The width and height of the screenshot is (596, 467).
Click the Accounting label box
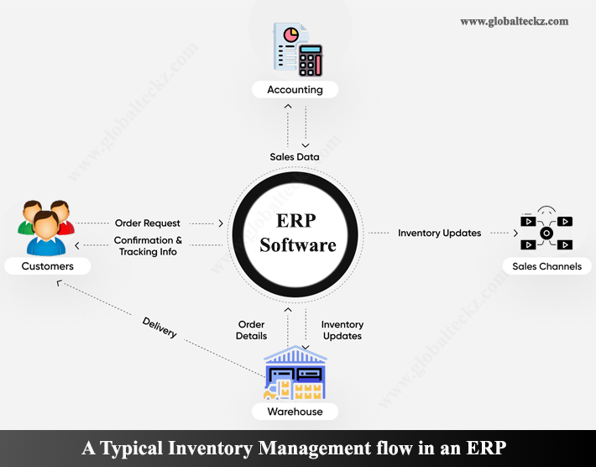(x=295, y=89)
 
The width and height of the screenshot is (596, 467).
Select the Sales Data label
(x=294, y=156)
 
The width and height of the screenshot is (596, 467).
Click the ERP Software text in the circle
(x=297, y=233)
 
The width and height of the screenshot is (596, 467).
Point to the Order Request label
(x=148, y=223)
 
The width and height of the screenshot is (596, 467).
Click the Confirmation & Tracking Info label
(x=148, y=246)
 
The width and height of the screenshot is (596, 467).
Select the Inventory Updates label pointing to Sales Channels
(x=439, y=233)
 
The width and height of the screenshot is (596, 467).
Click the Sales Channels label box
(x=546, y=266)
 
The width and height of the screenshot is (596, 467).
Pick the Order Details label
(x=252, y=330)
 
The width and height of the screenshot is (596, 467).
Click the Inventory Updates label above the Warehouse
(x=342, y=330)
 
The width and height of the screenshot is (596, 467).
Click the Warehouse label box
(x=295, y=412)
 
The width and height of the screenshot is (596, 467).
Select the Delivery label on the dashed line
(x=159, y=328)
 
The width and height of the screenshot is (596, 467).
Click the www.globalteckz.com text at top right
(x=514, y=21)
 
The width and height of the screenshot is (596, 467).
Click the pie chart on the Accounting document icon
(x=290, y=36)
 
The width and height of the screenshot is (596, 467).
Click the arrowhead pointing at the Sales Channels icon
(x=515, y=233)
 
